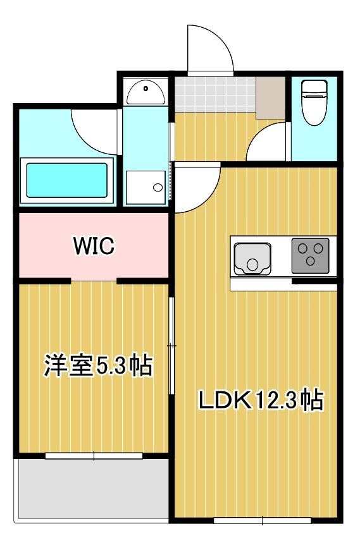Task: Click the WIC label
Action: [94, 245]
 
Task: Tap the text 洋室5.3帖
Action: [97, 366]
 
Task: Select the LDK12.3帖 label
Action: [261, 400]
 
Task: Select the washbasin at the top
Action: [146, 92]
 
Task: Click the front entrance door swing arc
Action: [211, 49]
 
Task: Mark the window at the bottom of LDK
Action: [262, 521]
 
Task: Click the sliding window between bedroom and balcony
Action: [94, 455]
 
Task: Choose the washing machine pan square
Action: [146, 186]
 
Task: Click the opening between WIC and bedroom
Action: [94, 279]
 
